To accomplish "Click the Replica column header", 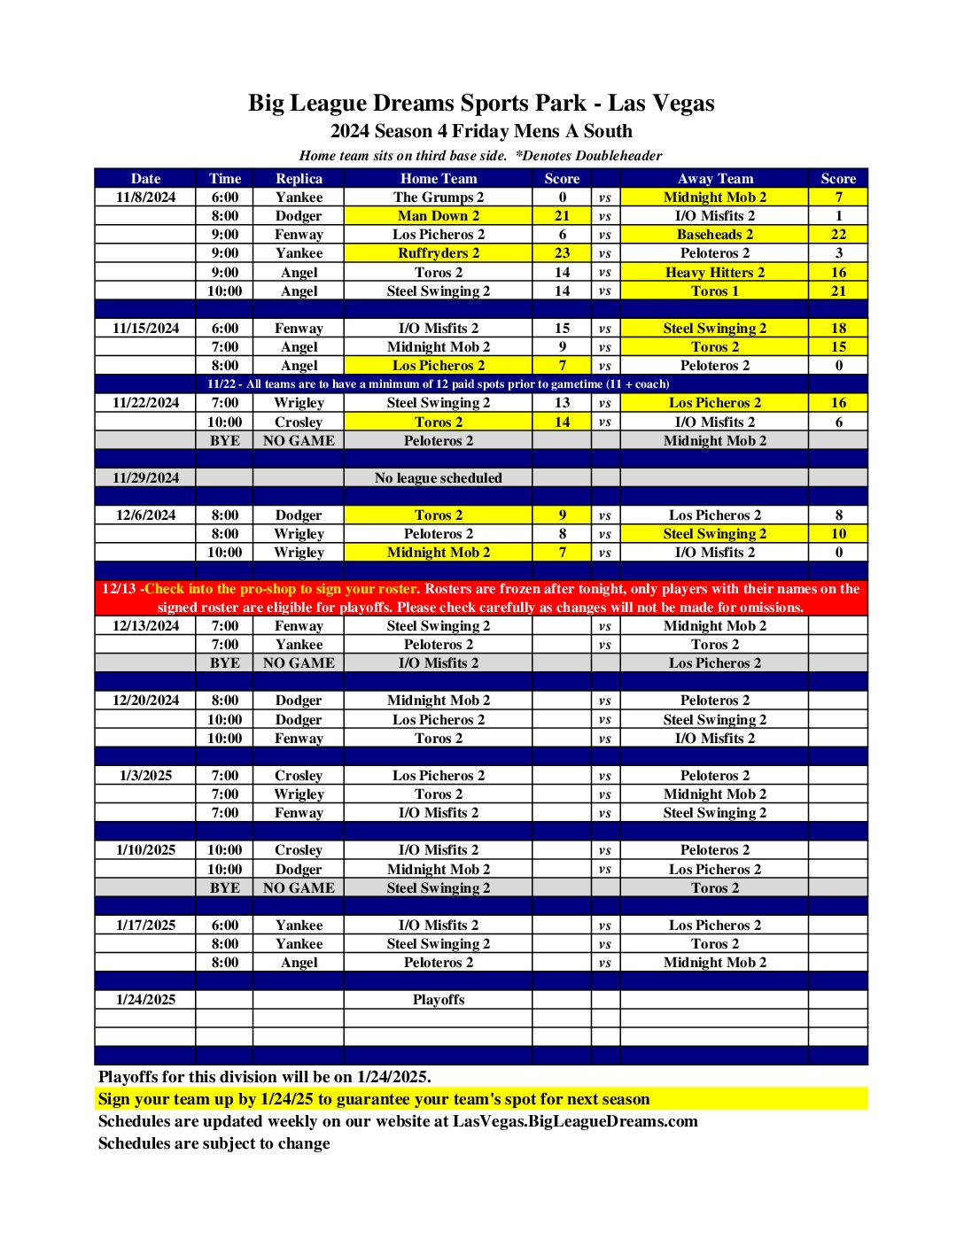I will pyautogui.click(x=299, y=178).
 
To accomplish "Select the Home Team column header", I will pyautogui.click(x=438, y=178).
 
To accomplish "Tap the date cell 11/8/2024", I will pyautogui.click(x=145, y=198).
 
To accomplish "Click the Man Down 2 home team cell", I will pyautogui.click(x=438, y=216).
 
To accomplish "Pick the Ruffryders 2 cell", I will pyautogui.click(x=438, y=253).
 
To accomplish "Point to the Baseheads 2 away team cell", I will pyautogui.click(x=714, y=235).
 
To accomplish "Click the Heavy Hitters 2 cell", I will pyautogui.click(x=714, y=273).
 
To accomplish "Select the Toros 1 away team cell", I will pyautogui.click(x=714, y=291).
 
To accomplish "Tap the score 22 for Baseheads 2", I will pyautogui.click(x=838, y=235).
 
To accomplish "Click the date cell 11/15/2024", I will pyautogui.click(x=145, y=329).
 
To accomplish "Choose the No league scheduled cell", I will pyautogui.click(x=438, y=478).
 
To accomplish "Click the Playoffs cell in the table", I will pyautogui.click(x=438, y=1000).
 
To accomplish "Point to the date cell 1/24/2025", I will pyautogui.click(x=145, y=1000).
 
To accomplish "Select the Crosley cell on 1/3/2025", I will pyautogui.click(x=299, y=776).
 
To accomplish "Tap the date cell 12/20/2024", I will pyautogui.click(x=145, y=701).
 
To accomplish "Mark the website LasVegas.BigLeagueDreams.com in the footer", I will pyautogui.click(x=575, y=1121).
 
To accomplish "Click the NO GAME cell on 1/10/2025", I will pyautogui.click(x=299, y=888).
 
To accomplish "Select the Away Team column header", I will pyautogui.click(x=714, y=178).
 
